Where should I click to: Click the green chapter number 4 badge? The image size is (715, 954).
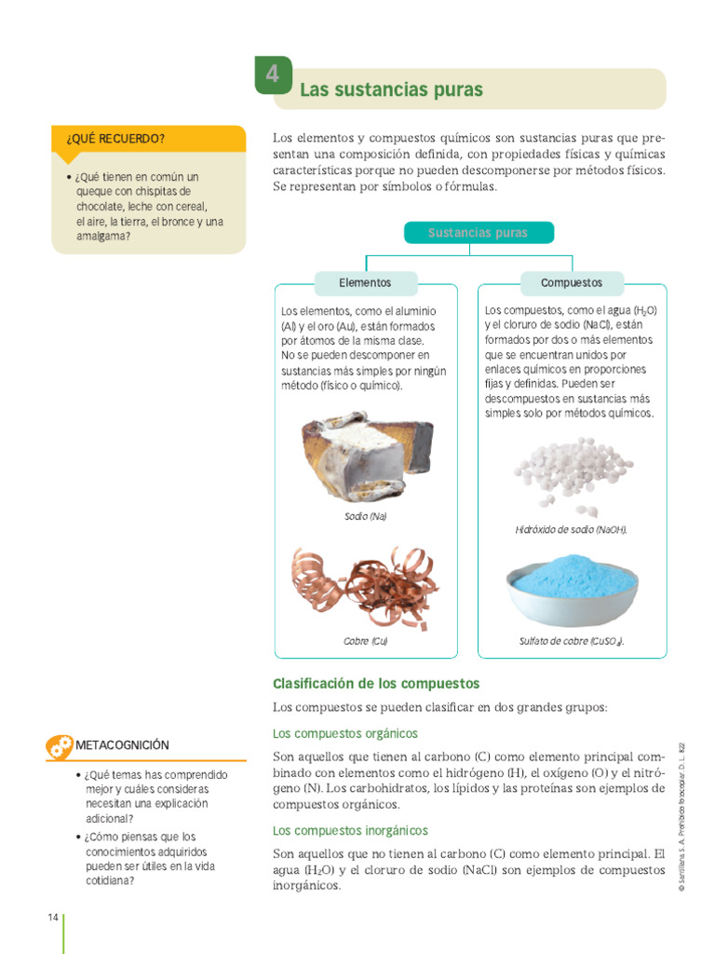coord(272,75)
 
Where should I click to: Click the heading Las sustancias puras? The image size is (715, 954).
coord(391,90)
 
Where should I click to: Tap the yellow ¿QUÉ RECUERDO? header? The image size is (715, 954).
coord(149,139)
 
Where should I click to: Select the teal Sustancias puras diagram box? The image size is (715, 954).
coord(478,232)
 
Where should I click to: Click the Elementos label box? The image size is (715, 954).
coord(365,282)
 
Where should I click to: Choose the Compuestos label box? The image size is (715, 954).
coord(572,282)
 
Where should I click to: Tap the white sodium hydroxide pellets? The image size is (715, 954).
coord(572,473)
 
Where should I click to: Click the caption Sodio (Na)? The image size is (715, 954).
coord(365,515)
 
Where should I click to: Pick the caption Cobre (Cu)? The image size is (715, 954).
coord(365,641)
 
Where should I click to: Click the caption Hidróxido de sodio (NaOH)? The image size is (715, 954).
coord(572,529)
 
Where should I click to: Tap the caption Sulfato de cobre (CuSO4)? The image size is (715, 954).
coord(572,641)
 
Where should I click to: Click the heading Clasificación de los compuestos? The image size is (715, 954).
coord(375,683)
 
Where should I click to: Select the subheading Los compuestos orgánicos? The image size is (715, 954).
coord(344,733)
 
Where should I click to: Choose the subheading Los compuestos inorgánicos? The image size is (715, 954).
coord(350,830)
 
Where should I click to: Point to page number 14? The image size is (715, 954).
coord(53,918)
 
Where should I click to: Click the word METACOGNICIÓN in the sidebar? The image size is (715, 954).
coord(122,745)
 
